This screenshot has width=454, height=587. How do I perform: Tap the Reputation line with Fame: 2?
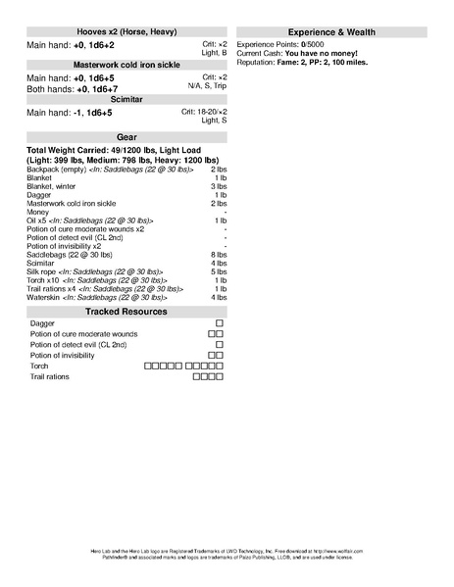(x=313, y=61)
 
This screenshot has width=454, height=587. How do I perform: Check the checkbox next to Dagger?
(x=220, y=322)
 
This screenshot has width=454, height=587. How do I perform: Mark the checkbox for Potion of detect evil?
(x=220, y=345)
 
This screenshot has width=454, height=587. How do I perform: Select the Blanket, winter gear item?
(x=51, y=186)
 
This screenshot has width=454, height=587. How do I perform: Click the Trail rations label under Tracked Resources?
(x=50, y=376)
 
